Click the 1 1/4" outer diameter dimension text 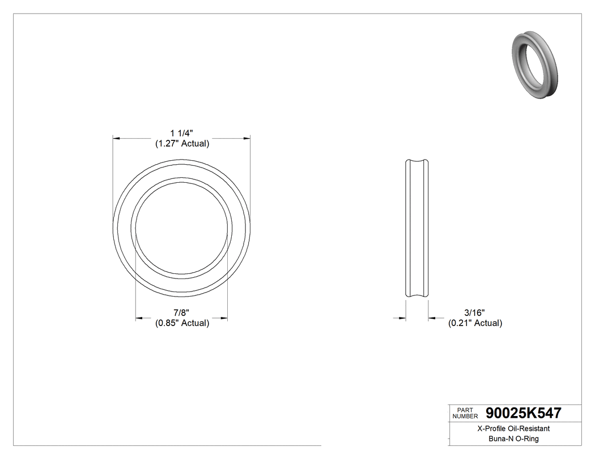[x=182, y=133]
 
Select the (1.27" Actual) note [x=182, y=144]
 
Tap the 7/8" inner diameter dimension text [x=181, y=312]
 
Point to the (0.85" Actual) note [x=182, y=323]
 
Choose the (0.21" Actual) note [x=475, y=323]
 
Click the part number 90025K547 [x=524, y=414]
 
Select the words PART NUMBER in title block [x=465, y=414]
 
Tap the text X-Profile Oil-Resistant [x=513, y=429]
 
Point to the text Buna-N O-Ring [x=513, y=439]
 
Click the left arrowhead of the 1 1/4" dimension [x=117, y=138]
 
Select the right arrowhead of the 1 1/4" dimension [x=246, y=138]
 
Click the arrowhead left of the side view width [x=402, y=319]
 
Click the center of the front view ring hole [x=182, y=228]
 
